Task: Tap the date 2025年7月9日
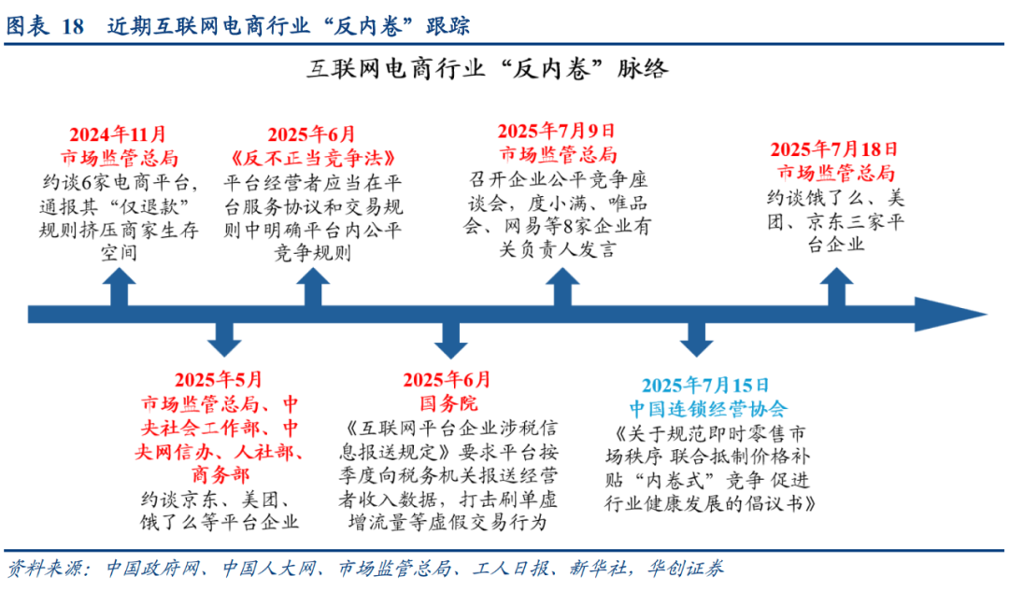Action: [556, 131]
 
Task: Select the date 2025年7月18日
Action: [834, 148]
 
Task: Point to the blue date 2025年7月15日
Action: [705, 385]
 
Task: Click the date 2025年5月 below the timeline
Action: [219, 380]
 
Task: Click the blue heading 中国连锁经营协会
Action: [705, 409]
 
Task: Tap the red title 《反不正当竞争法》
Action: [311, 158]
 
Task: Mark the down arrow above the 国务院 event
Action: [449, 339]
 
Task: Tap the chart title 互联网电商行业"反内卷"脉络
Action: [487, 70]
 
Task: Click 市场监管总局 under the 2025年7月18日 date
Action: [834, 173]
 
